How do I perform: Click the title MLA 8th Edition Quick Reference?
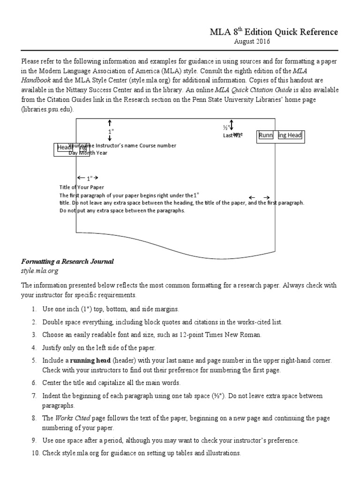click(x=273, y=32)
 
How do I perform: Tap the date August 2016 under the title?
click(x=252, y=42)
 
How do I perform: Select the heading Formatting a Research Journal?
click(x=67, y=261)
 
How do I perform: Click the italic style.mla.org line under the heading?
click(x=39, y=271)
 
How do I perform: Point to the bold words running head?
click(x=90, y=360)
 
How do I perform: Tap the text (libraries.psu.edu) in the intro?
click(x=47, y=109)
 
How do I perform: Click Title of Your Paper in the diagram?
click(x=82, y=187)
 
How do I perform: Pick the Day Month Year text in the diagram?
click(x=88, y=153)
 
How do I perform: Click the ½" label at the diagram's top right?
click(x=225, y=127)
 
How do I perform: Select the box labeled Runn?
click(x=266, y=136)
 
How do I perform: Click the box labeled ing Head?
click(x=290, y=136)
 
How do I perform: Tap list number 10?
click(x=34, y=453)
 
